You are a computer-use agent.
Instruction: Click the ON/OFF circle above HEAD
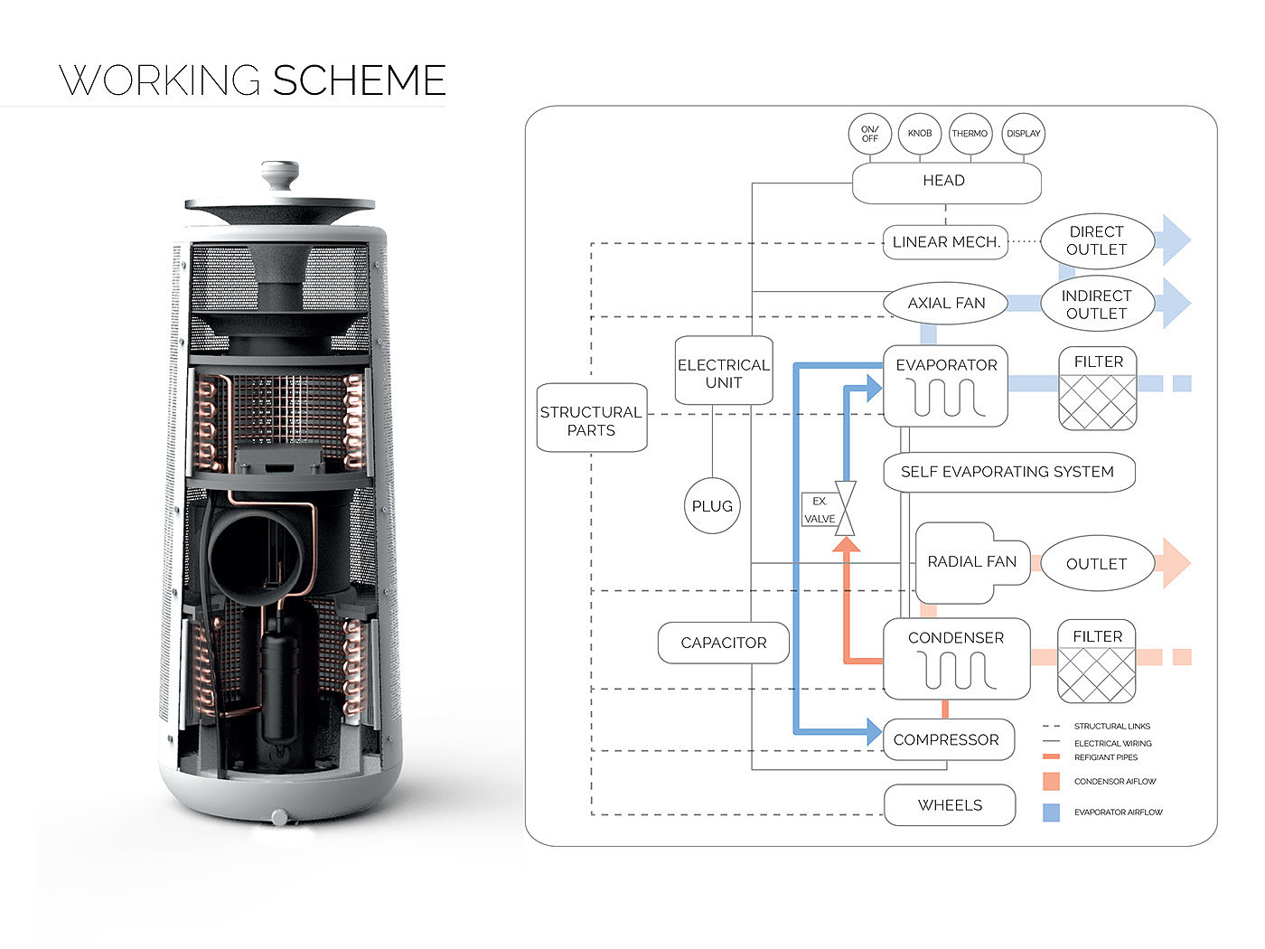(x=869, y=134)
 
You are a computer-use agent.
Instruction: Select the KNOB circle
(x=920, y=134)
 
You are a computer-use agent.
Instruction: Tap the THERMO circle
(x=970, y=134)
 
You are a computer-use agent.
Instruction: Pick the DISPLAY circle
(x=1023, y=134)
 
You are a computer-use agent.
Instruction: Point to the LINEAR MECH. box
(x=945, y=242)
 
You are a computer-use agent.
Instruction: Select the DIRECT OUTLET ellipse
(x=1096, y=241)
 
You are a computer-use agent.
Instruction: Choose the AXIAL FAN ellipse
(x=945, y=304)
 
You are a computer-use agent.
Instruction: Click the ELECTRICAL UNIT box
(x=724, y=370)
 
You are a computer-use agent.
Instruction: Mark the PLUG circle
(x=712, y=506)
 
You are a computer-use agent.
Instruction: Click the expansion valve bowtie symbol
(x=846, y=509)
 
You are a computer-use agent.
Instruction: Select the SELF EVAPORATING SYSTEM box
(x=1007, y=472)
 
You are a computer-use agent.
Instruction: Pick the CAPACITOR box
(x=723, y=643)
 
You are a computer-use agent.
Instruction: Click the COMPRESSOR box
(x=945, y=740)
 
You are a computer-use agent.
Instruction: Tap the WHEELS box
(x=950, y=805)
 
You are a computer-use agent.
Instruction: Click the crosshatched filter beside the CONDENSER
(x=1096, y=673)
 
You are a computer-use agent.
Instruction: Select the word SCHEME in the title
(x=359, y=80)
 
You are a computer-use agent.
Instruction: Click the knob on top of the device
(x=279, y=174)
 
